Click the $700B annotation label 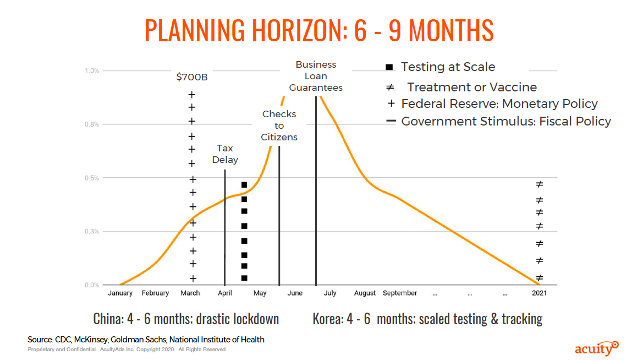191,77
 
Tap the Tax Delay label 225,154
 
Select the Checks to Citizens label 279,126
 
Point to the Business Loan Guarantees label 316,76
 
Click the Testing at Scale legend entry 441,67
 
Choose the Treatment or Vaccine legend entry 461,87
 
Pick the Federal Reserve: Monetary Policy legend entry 492,104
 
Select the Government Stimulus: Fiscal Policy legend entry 499,122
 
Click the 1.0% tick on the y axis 92,70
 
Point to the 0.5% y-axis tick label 92,178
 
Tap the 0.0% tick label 92,285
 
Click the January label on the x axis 120,293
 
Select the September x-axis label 400,293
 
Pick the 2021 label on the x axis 539,293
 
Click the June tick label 295,293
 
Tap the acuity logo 597,348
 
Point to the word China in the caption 108,319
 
